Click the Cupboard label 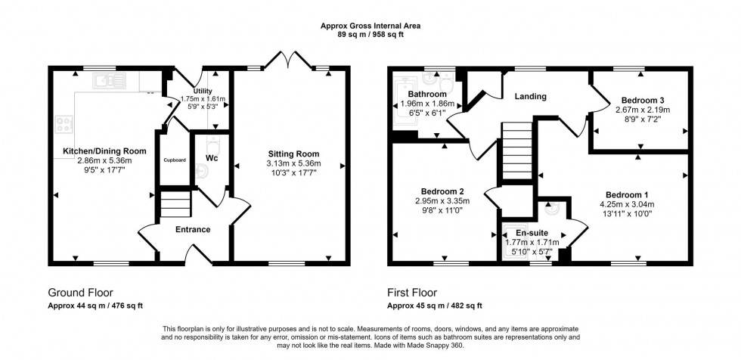tap(173, 160)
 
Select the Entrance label tap(194, 229)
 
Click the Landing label tap(531, 97)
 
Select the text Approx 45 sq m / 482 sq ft tap(434, 306)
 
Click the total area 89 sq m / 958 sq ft tap(370, 35)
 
